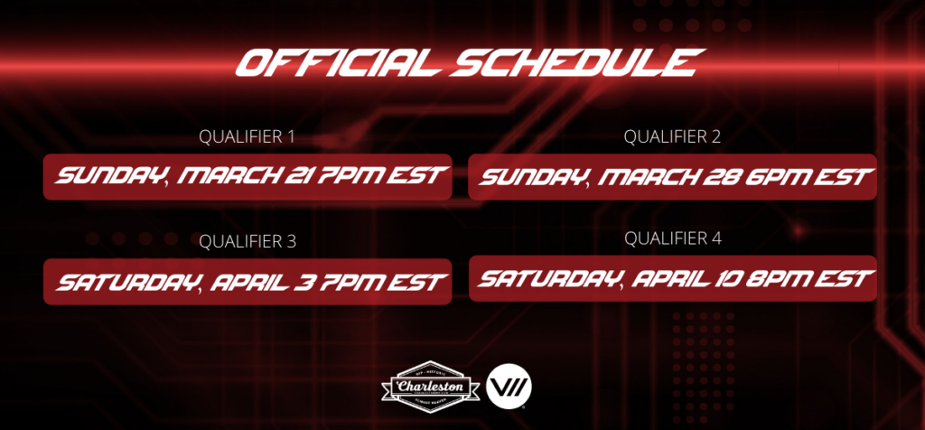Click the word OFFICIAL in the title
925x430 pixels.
point(339,62)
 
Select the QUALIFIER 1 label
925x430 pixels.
point(247,136)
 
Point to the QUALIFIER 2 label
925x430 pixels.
point(672,136)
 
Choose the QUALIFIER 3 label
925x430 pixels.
point(248,241)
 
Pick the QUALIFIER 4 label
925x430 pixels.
point(672,238)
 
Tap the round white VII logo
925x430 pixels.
point(509,387)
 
